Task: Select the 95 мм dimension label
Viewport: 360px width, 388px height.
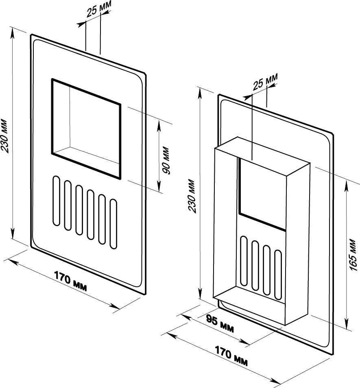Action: (x=220, y=324)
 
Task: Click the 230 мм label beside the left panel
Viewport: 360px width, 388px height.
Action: (x=5, y=136)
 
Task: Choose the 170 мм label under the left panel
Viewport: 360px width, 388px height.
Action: (x=70, y=281)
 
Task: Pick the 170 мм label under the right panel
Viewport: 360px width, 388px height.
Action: (x=231, y=356)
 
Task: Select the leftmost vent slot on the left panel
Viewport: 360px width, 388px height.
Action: (x=57, y=201)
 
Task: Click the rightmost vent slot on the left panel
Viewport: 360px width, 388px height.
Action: (x=113, y=223)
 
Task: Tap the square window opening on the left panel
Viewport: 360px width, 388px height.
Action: (x=86, y=129)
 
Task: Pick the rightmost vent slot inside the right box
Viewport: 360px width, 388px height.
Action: (x=278, y=275)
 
